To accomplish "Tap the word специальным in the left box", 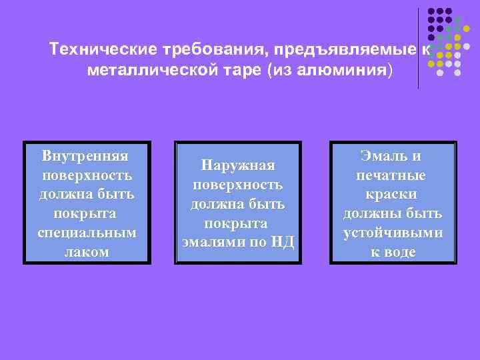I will (x=87, y=233).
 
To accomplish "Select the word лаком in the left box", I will (x=87, y=253).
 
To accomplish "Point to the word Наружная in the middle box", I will (x=237, y=165).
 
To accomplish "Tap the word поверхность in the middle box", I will (x=237, y=184).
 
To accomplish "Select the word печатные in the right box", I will (x=392, y=175).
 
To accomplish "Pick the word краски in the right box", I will (x=392, y=195).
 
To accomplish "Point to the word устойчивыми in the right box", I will (x=392, y=233).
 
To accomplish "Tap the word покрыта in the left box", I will (x=87, y=214).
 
